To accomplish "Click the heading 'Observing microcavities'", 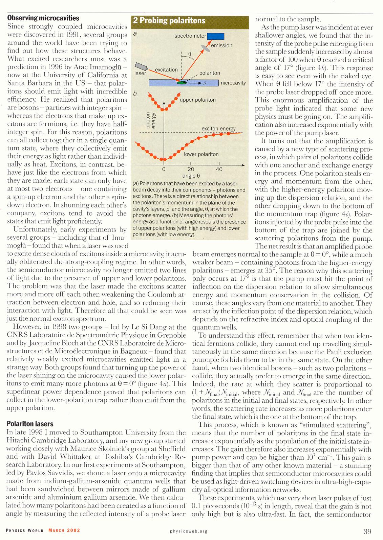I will pos(43,18).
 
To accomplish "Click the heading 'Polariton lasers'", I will pos(30,424).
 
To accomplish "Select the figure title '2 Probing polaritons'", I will pos(169,20).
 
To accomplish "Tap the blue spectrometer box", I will pos(215,36).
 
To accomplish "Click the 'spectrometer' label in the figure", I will pos(190,36).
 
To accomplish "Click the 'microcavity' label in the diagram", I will pos(232,83).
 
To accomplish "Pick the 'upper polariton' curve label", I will pos(197,100).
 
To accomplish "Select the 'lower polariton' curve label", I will pos(201,154).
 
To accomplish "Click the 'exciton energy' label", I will pos(218,128).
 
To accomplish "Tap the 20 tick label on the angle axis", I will pos(191,169).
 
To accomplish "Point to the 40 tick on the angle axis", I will pos(219,169).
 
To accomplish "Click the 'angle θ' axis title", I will pos(191,176).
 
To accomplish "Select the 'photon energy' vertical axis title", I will pos(150,120).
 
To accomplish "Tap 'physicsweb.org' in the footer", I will pos(189,531).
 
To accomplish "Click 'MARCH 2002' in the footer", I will pos(64,530).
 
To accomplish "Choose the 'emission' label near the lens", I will pos(221,45).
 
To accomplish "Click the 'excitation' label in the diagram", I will pos(166,69).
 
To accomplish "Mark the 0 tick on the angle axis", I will pos(164,169).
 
